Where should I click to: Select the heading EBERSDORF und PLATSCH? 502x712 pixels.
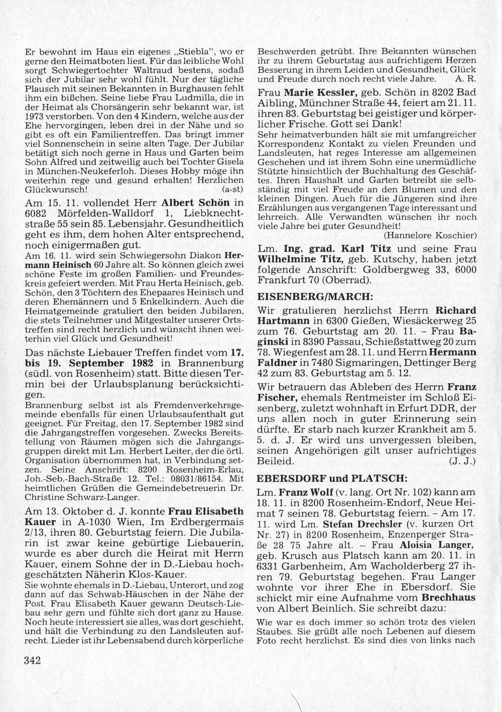[318, 477]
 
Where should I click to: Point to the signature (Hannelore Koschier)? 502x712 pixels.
[430, 235]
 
